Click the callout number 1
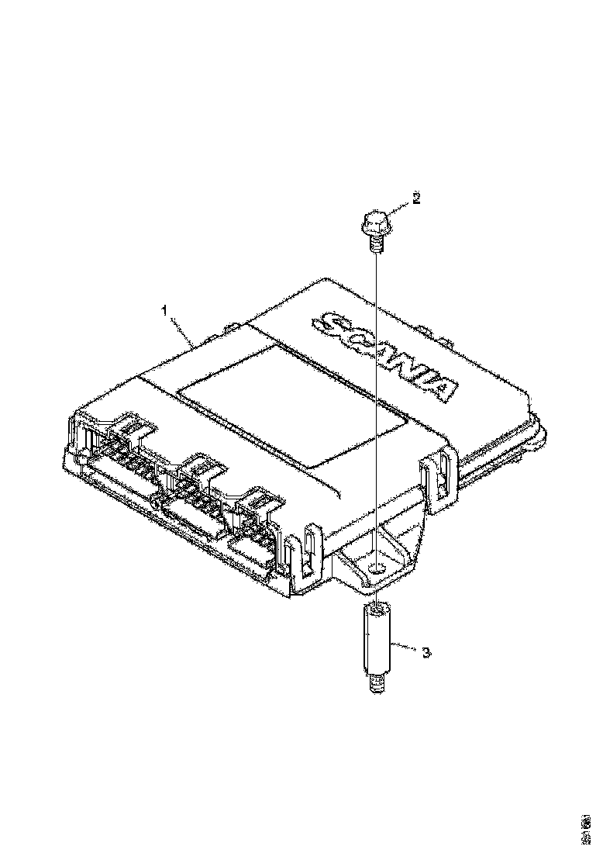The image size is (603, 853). coord(164,310)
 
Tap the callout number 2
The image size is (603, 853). coord(416,199)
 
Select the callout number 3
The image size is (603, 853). coord(426,653)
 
